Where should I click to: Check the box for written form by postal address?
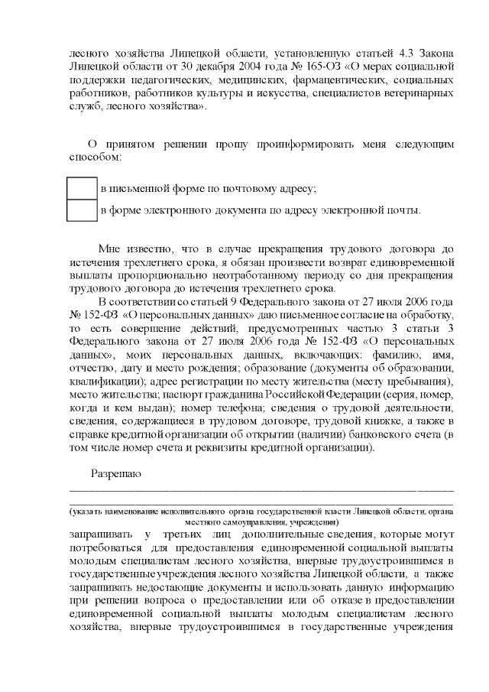(x=82, y=189)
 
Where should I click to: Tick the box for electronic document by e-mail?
(x=82, y=210)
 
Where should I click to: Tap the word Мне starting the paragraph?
(x=109, y=248)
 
